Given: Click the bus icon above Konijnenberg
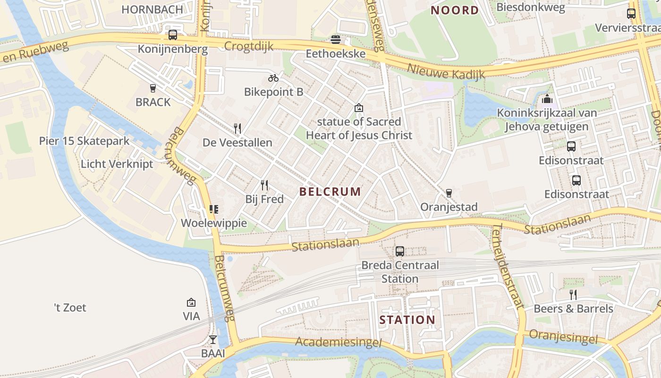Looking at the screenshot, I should (173, 35).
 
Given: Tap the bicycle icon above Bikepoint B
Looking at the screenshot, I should (273, 78).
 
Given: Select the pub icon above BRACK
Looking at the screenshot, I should (153, 88).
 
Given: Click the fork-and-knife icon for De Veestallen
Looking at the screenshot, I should (237, 128).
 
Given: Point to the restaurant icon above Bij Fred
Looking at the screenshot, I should (264, 185).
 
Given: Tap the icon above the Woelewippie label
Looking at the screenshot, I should (214, 209).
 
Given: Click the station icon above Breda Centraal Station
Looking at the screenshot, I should (400, 251).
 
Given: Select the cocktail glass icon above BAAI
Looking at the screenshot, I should (213, 339).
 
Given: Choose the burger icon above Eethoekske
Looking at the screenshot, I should (336, 39).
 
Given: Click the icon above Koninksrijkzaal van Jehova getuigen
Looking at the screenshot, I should (547, 99).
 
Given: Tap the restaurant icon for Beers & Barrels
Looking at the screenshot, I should (573, 295).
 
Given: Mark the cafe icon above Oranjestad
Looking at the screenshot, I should (449, 193).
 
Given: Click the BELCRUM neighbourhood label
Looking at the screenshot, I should (330, 191).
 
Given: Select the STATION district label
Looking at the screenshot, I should (407, 320).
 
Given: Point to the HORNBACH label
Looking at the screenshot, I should (152, 9).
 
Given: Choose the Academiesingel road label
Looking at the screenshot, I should (339, 342).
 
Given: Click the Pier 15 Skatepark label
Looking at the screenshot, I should (84, 141).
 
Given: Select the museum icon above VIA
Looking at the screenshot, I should (191, 302).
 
